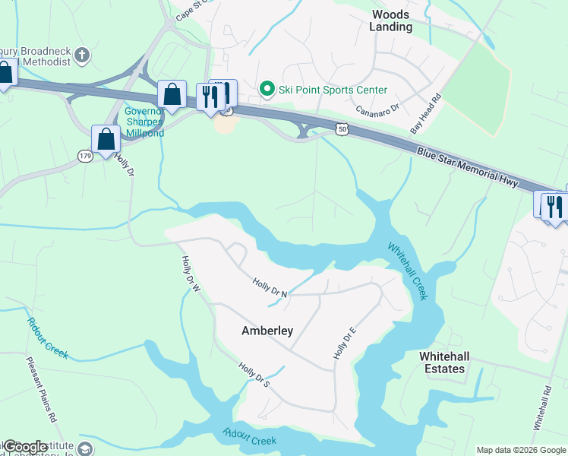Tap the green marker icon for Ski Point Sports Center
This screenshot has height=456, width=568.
[267, 90]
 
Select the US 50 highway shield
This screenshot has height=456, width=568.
[344, 130]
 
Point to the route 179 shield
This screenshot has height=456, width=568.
[85, 156]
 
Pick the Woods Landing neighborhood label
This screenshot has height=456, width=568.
[391, 21]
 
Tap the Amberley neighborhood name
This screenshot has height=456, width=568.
[267, 331]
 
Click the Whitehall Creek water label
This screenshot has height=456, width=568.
[409, 271]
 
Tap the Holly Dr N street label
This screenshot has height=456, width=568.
[270, 289]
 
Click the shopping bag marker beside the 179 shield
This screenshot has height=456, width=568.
[106, 140]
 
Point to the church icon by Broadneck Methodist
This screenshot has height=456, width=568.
[84, 55]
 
